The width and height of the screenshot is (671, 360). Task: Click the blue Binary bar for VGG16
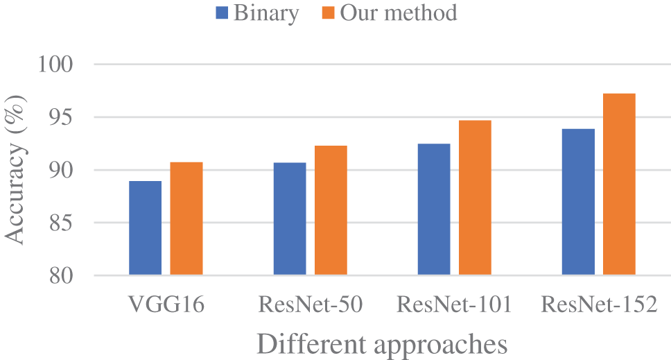coord(145,228)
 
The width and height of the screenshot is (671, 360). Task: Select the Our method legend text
coord(398,12)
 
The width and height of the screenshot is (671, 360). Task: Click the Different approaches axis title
coord(381,343)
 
